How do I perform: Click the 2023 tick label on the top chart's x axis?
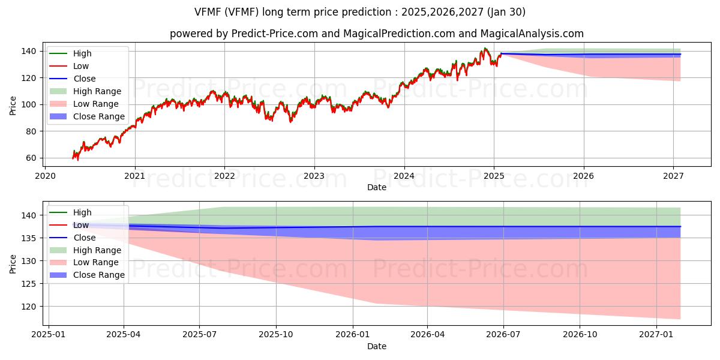(x=314, y=176)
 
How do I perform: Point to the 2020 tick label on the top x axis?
(x=45, y=176)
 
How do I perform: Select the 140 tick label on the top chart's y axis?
(x=30, y=51)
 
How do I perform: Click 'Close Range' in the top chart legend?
(x=99, y=116)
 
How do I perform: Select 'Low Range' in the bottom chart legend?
(x=95, y=262)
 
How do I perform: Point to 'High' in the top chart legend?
(x=82, y=53)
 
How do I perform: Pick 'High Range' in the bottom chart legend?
(x=97, y=250)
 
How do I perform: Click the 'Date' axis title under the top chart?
(x=377, y=188)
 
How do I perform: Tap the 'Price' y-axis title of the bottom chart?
(x=13, y=263)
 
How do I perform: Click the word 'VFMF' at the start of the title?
(x=208, y=12)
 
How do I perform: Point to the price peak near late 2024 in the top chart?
(x=485, y=48)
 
